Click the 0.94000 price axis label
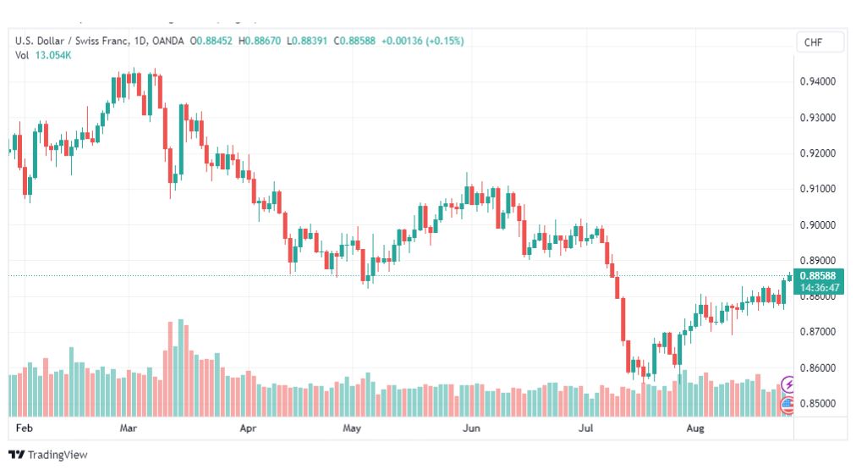pos(817,81)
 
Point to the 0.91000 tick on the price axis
pos(817,189)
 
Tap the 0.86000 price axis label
pos(817,368)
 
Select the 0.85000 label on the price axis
pos(817,403)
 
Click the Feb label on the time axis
pos(24,428)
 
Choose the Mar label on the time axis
pos(129,428)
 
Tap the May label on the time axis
pos(352,428)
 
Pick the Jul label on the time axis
pos(586,428)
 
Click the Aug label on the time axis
pos(695,428)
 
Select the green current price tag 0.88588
pos(818,276)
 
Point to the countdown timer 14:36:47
pos(820,287)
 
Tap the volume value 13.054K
pos(53,55)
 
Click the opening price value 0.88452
pos(215,41)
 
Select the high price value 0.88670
pos(263,41)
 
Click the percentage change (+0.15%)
pos(445,41)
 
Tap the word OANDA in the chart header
pos(168,41)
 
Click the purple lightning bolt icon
pos(787,384)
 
